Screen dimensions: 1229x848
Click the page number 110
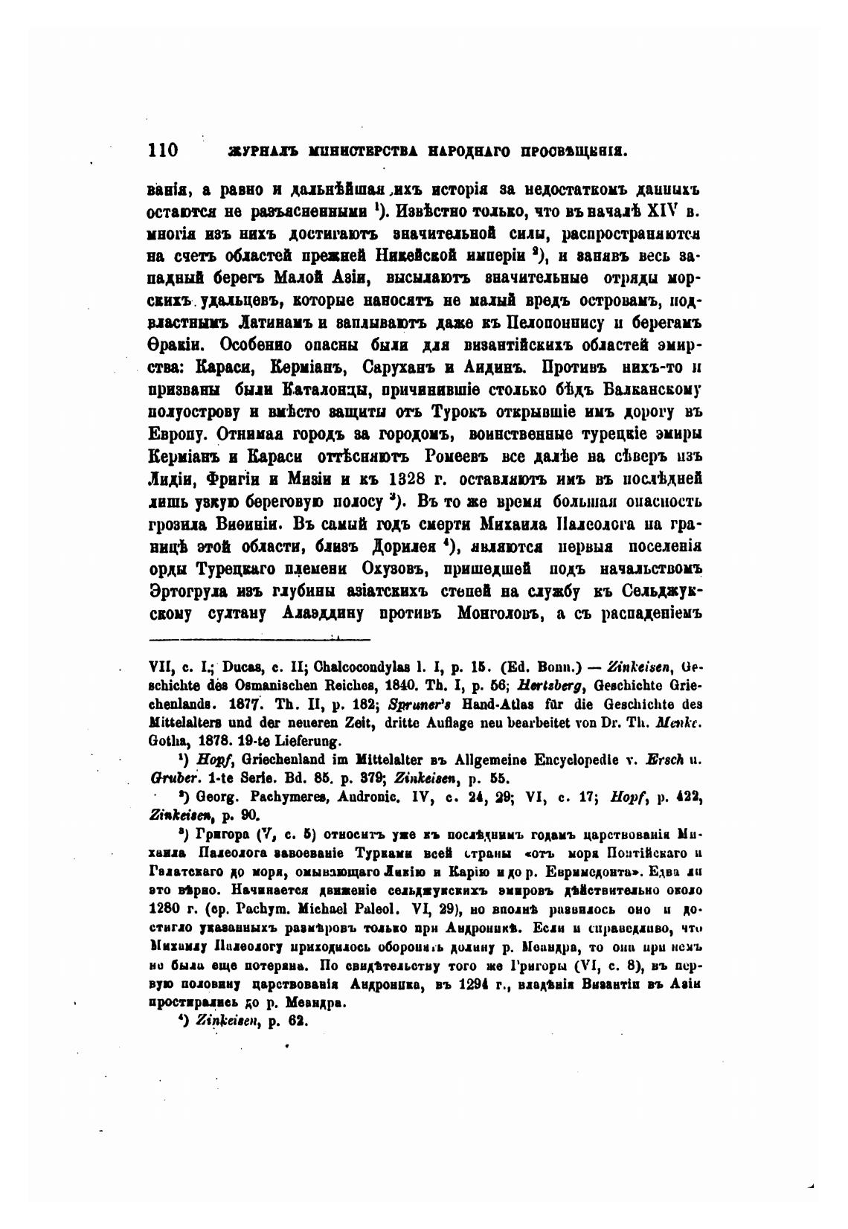(164, 150)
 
